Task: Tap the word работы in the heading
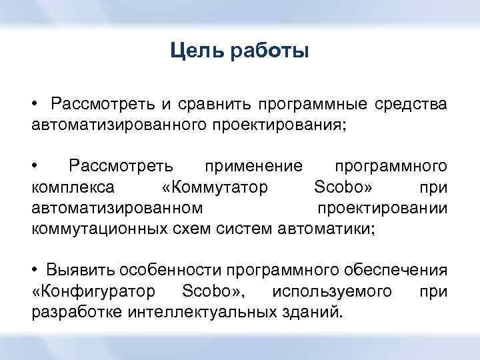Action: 270,51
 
